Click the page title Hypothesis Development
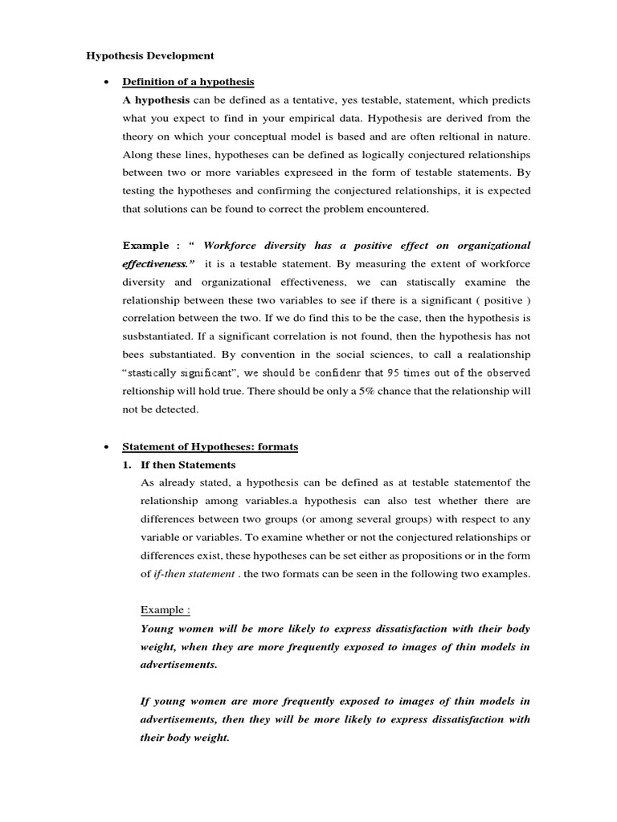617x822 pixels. coord(150,56)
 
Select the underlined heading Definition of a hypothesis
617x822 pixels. coord(187,81)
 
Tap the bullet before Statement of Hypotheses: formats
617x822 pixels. coord(106,447)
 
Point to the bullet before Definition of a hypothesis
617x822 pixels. coord(106,81)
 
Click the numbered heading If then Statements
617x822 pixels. coord(188,465)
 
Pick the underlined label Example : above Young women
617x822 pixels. coord(165,609)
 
